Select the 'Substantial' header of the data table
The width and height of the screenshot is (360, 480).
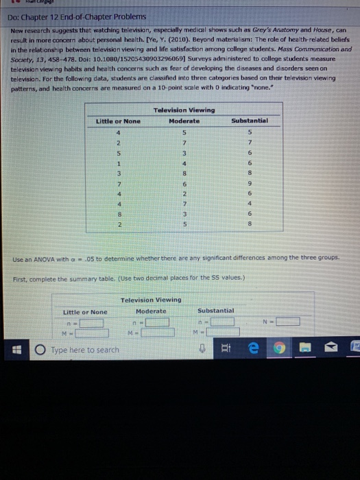(250, 121)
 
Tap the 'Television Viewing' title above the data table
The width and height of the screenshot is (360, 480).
(184, 110)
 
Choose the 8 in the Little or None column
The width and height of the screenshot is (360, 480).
(119, 215)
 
